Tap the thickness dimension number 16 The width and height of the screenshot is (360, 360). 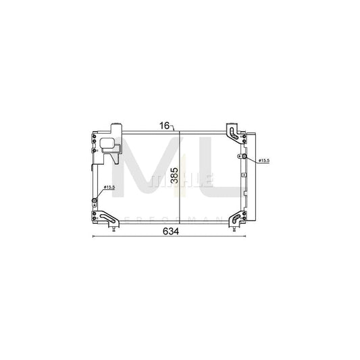coord(165,125)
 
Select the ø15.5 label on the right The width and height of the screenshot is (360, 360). coord(262,160)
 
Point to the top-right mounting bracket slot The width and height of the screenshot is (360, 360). coord(232,131)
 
